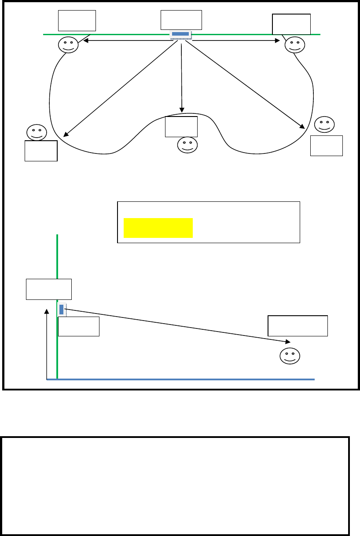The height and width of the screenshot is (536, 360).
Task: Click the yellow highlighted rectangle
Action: coord(158,227)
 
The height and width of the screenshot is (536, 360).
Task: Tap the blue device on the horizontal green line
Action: coord(180,34)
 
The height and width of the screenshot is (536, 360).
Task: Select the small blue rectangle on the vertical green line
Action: coord(62,309)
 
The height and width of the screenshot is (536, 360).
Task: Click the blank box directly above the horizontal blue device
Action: coord(181,20)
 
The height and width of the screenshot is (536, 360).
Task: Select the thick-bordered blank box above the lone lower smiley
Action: coord(298,326)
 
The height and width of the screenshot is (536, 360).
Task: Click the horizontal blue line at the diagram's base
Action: coord(185,379)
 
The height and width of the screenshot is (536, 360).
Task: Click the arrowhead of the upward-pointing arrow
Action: coord(47,310)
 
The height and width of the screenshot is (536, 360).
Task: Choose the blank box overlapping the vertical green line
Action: coord(48,289)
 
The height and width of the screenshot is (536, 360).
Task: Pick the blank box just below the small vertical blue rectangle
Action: coord(79,326)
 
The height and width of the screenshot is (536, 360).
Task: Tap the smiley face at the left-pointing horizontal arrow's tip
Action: coord(68,44)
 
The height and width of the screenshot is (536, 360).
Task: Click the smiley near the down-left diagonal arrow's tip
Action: coord(36,132)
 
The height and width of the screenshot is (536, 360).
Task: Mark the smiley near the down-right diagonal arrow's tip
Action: coord(325,124)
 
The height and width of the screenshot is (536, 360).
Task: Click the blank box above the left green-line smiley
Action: coord(77,21)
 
